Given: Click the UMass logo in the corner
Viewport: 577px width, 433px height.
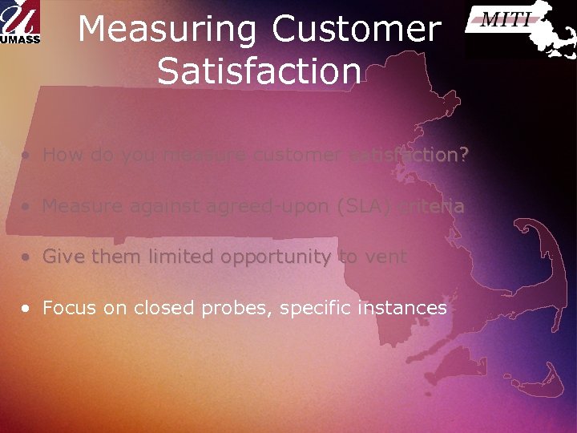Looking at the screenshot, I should click(x=20, y=22).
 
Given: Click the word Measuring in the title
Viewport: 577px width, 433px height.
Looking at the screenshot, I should click(x=168, y=30).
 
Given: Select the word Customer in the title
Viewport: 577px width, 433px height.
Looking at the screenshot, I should click(x=357, y=30).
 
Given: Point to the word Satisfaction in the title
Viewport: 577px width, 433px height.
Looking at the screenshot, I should click(x=259, y=71).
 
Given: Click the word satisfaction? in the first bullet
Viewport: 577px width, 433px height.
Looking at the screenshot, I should click(x=409, y=155).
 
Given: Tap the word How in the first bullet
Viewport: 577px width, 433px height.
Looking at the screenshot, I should click(x=62, y=155).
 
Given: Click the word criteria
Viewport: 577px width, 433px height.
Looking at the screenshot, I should click(x=434, y=206).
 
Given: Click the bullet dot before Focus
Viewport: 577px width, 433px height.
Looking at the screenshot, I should click(x=28, y=309).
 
